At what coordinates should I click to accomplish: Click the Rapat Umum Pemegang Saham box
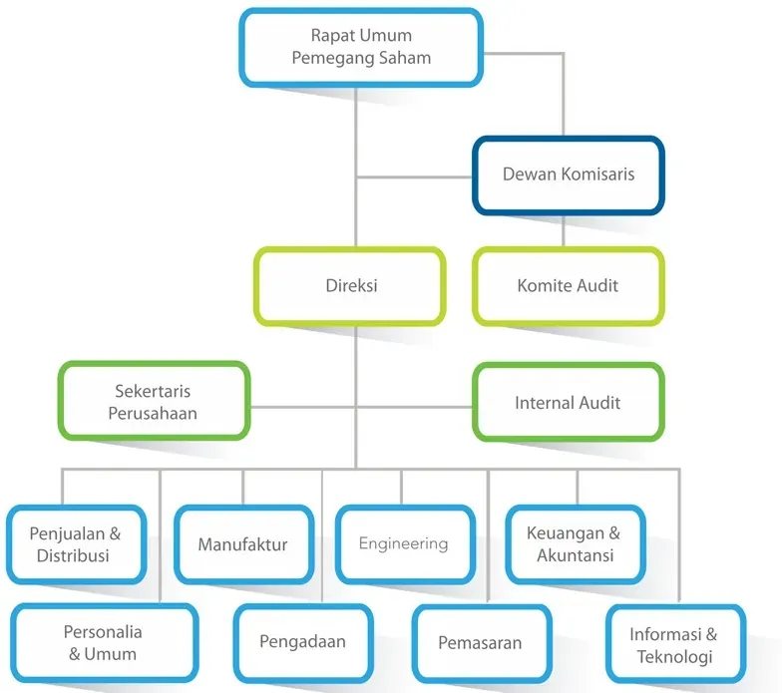pos(361,47)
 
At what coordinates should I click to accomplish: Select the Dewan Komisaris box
pos(568,174)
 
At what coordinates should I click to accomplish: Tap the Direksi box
pos(350,286)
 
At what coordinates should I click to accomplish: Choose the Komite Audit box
pos(568,286)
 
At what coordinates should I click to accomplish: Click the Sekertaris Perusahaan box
pos(154,402)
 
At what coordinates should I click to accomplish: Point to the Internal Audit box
pos(568,403)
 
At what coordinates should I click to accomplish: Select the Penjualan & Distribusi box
pos(77,544)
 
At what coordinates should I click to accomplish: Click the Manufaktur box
pos(242,544)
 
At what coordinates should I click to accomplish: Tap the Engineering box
pos(403,544)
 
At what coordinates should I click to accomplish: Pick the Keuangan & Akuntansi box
pos(576,544)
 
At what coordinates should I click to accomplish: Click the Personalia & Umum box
pos(104,643)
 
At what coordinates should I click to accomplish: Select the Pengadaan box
pos(302,642)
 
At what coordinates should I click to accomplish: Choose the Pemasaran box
pos(480,643)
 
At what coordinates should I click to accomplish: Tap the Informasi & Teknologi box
pos(675,645)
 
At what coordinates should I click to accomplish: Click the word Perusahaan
pos(154,414)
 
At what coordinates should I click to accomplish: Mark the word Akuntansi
pos(576,556)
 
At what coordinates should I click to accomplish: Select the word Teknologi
pos(675,657)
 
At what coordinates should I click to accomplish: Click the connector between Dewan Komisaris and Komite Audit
pos(564,231)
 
